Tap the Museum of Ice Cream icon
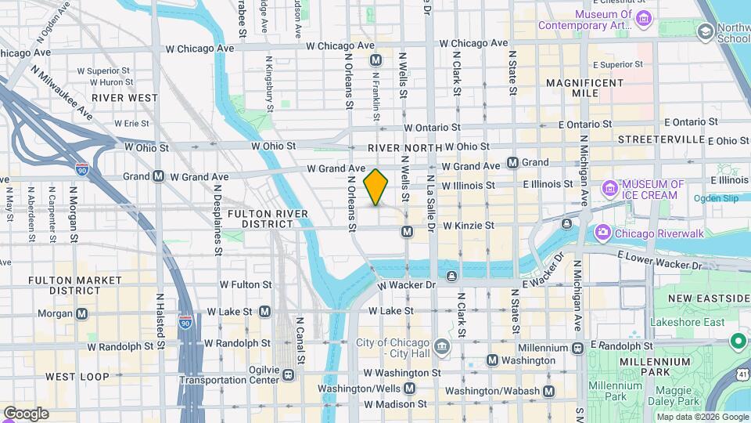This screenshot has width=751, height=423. [610, 189]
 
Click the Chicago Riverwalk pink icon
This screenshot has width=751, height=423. [602, 233]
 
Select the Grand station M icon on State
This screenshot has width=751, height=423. [512, 163]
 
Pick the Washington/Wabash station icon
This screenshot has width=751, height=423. [549, 391]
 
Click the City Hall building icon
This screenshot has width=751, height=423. [442, 346]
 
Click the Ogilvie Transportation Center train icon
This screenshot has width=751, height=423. [289, 374]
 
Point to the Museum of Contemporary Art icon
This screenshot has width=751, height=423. [645, 18]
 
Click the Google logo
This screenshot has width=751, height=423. [25, 414]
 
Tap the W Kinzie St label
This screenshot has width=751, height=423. [468, 226]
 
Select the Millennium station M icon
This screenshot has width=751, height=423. [578, 348]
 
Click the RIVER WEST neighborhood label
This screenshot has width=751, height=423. [124, 98]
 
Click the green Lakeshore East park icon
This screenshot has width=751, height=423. [737, 342]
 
